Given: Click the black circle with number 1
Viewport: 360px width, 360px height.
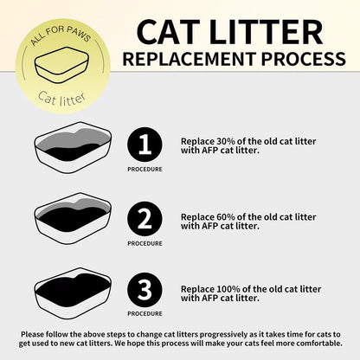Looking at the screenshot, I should click(145, 145).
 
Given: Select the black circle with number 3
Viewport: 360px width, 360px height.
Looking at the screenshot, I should click(145, 290).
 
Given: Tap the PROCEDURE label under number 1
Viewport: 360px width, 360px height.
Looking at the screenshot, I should click(145, 170).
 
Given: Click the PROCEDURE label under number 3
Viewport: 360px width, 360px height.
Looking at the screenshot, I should click(145, 315).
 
